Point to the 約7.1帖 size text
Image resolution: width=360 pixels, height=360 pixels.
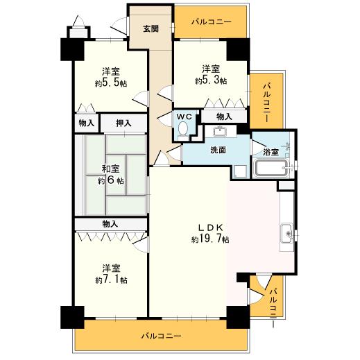point(112,280)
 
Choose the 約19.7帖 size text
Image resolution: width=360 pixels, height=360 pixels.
point(211,239)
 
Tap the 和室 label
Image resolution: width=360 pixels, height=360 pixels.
point(111,169)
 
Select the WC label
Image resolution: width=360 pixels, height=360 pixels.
point(184,117)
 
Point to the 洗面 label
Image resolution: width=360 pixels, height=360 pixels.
point(218,149)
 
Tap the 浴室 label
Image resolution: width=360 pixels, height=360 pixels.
point(271,151)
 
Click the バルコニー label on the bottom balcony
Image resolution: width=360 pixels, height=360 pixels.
point(161,336)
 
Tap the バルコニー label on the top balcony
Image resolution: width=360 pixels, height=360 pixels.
point(211,22)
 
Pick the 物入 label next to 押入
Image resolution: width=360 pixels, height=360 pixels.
point(86,123)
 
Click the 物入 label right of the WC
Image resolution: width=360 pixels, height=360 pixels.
point(223,117)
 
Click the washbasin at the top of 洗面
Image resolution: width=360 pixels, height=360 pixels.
point(222,132)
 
